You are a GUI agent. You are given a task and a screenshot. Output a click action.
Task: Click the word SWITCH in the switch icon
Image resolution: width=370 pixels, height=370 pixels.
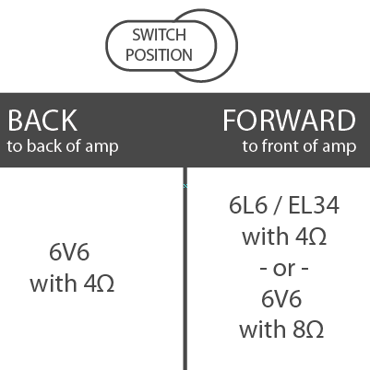pos(159,35)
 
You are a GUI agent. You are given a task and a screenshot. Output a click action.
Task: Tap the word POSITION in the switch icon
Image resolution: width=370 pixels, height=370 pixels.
pos(159,55)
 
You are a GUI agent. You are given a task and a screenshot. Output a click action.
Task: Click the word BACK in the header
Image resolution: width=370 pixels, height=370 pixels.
pos(42,121)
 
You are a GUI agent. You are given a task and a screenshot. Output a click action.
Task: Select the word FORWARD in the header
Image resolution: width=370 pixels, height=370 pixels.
pos(289,121)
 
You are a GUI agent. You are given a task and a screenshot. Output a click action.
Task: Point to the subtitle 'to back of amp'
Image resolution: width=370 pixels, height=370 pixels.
pos(63,146)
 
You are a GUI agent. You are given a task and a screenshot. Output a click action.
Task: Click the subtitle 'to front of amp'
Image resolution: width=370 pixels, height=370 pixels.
pos(299,146)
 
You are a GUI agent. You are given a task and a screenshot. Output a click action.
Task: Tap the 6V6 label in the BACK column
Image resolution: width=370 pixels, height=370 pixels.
pos(69,252)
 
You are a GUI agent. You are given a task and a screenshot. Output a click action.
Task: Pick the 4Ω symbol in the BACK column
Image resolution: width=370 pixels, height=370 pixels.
pos(99,283)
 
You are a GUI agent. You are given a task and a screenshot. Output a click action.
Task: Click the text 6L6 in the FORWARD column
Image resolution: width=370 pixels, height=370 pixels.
pos(248,205)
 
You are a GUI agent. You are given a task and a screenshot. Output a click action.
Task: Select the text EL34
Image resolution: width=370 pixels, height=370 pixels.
pos(314,205)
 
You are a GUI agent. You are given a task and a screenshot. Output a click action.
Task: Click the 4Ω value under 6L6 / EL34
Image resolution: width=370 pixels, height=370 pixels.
pos(311,237)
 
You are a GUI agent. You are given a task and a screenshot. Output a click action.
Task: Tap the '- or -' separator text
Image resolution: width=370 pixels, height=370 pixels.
pos(284,269)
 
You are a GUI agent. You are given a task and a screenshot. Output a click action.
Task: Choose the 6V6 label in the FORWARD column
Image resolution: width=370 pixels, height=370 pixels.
pos(281,299)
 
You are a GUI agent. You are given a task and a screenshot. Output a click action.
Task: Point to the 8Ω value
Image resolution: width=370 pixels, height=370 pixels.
pos(308,330)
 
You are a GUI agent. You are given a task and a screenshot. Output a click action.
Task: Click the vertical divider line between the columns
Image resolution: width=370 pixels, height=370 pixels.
pos(185,269)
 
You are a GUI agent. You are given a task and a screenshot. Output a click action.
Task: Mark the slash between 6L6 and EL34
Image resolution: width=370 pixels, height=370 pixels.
pos(278,205)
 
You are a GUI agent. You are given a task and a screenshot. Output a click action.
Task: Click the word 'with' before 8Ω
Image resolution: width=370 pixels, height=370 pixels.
pos(263,329)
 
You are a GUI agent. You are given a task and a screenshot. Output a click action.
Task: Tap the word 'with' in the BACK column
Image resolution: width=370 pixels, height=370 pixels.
pos(54,283)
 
